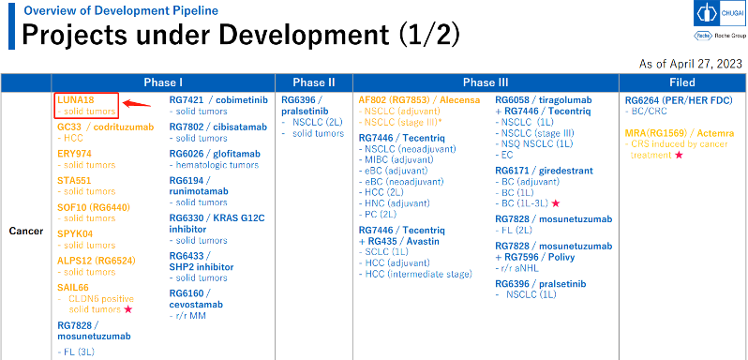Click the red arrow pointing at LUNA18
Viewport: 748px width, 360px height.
tap(137, 103)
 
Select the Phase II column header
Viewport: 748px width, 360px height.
tap(313, 82)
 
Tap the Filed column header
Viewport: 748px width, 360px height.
tap(682, 82)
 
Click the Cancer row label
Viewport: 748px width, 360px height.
tap(26, 232)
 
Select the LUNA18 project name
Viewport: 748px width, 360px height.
tap(76, 99)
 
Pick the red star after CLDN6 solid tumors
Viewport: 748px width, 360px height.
tap(127, 309)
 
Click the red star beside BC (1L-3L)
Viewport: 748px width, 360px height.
tap(555, 203)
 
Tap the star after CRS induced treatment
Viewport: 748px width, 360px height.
tap(679, 155)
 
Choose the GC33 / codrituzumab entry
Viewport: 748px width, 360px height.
tap(105, 127)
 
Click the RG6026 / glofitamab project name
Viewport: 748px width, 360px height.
tap(217, 154)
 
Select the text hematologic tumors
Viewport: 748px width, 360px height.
tap(217, 165)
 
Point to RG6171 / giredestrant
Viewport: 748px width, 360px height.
tap(544, 171)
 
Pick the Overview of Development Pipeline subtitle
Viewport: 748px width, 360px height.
tap(121, 10)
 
